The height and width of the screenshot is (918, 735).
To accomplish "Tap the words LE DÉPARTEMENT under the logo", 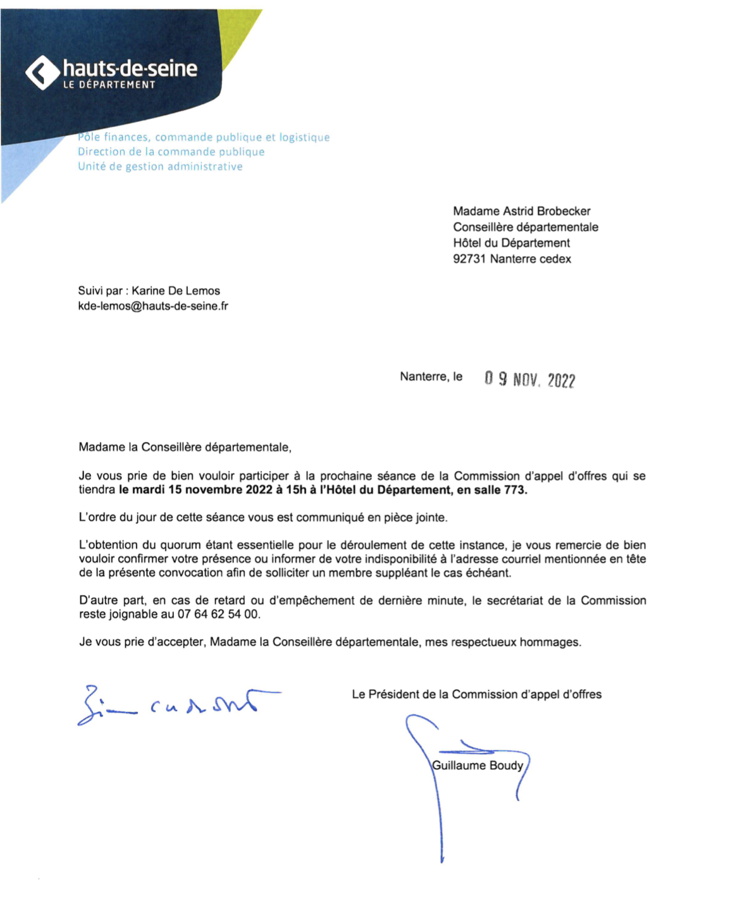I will click(109, 85).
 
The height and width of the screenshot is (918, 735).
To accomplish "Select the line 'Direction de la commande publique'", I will click(171, 152).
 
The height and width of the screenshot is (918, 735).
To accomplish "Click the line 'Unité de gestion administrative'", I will click(160, 166).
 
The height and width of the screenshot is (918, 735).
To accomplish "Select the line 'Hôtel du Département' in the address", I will click(511, 243).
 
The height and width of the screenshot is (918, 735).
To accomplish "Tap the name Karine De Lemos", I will click(176, 291).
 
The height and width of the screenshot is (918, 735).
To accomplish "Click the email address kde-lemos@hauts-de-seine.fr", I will click(152, 306).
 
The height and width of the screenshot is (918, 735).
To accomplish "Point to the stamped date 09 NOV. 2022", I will click(530, 379).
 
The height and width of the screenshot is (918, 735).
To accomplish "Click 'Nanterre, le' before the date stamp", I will click(431, 377).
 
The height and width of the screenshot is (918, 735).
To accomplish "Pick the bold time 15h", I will click(296, 490).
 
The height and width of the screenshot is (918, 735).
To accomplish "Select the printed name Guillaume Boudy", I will click(478, 766).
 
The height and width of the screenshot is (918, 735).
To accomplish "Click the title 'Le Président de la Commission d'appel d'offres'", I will click(476, 694).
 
